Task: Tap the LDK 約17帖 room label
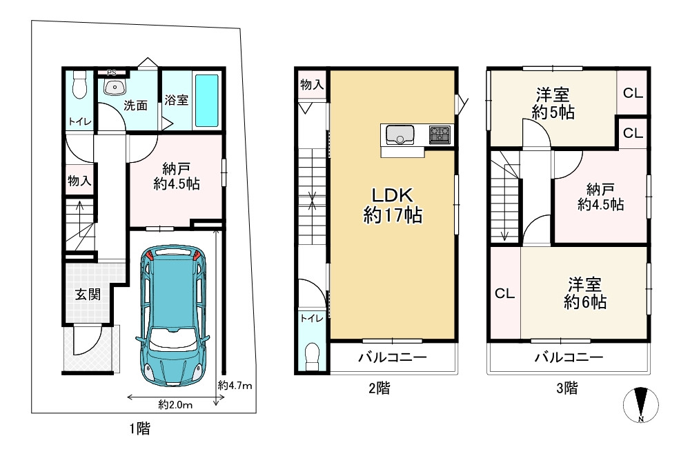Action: pyautogui.click(x=393, y=205)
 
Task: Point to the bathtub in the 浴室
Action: pyautogui.click(x=206, y=100)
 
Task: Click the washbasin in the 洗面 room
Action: pyautogui.click(x=115, y=87)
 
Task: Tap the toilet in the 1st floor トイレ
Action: pyautogui.click(x=78, y=86)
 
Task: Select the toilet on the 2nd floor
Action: pyautogui.click(x=313, y=354)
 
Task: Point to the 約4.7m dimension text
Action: pyautogui.click(x=235, y=384)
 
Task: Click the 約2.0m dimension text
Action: pyautogui.click(x=175, y=404)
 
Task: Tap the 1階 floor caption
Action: pyautogui.click(x=139, y=428)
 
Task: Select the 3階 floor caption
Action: pyautogui.click(x=567, y=388)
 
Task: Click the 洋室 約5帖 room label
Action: pyautogui.click(x=553, y=103)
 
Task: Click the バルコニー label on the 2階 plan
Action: pyautogui.click(x=392, y=358)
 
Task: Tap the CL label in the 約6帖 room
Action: pyautogui.click(x=504, y=293)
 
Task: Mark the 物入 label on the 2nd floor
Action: pyautogui.click(x=312, y=85)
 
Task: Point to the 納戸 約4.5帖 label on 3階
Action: pyautogui.click(x=600, y=195)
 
